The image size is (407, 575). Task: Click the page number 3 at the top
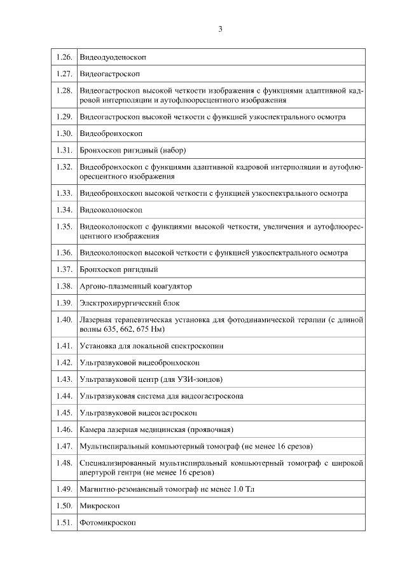pos(220,29)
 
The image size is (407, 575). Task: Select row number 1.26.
pos(64,57)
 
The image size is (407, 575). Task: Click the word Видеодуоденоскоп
pos(113,57)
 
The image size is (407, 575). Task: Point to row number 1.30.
pos(64,134)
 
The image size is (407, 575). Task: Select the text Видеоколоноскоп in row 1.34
pos(111,210)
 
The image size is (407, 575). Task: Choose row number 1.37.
pos(64,269)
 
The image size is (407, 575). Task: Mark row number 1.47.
pos(64,446)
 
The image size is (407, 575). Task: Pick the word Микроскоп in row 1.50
pos(100,506)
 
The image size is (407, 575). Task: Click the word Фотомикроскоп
pos(107,523)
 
